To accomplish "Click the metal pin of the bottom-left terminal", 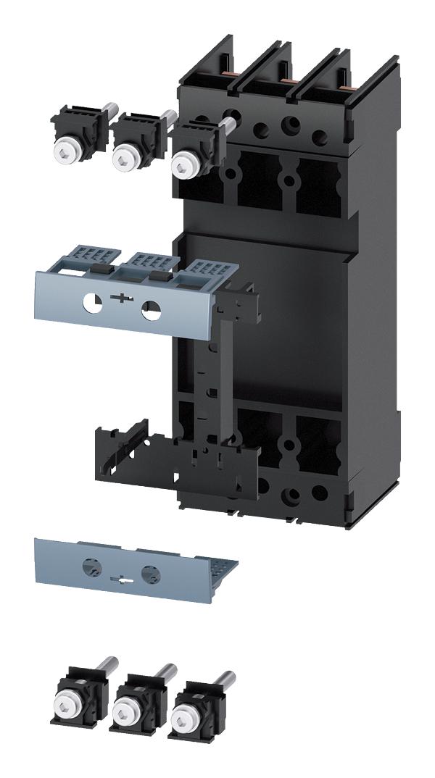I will coord(107,666).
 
